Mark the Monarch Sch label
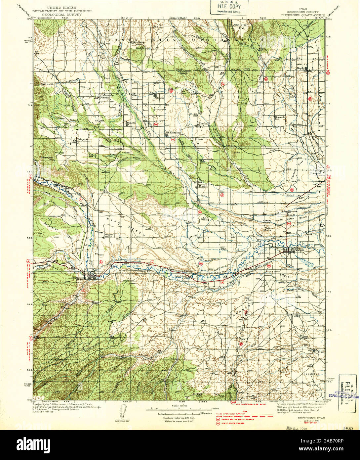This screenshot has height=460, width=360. tap(280, 118)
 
